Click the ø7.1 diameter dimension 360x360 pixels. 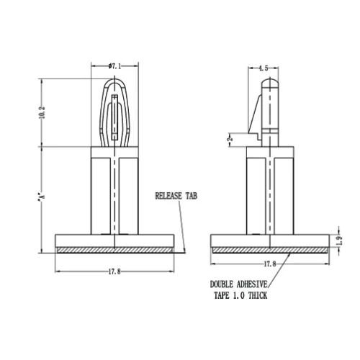(x=114, y=66)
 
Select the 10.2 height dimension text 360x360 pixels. (x=42, y=112)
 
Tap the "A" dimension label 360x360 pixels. (x=42, y=196)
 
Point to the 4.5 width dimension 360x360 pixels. (x=263, y=68)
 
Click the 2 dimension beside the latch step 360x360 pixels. (x=230, y=139)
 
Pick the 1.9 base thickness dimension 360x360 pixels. (x=339, y=240)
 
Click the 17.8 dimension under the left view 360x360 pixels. (x=114, y=271)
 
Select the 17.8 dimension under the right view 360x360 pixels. (x=270, y=264)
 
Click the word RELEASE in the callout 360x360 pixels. (x=168, y=196)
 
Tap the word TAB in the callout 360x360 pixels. (x=192, y=196)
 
